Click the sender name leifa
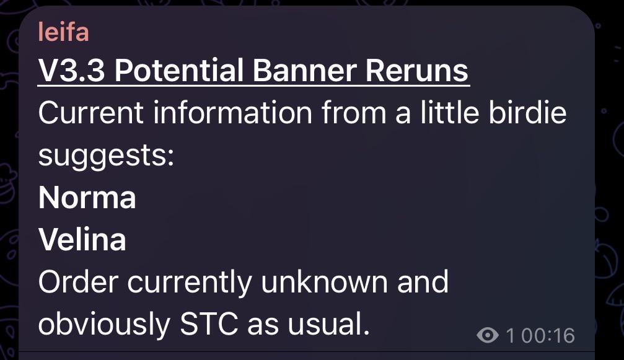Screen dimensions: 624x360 pyautogui.click(x=63, y=32)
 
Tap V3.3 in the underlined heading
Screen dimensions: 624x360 pyautogui.click(x=72, y=71)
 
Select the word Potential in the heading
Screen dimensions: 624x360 pyautogui.click(x=178, y=71)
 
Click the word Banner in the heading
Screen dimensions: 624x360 pyautogui.click(x=304, y=71)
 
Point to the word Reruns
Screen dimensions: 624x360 pyautogui.click(x=416, y=71)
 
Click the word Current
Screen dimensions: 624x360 pyautogui.click(x=90, y=113)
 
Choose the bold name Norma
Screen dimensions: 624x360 pyautogui.click(x=87, y=197)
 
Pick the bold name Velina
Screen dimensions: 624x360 pyautogui.click(x=82, y=239)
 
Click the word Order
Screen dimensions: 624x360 pyautogui.click(x=79, y=282)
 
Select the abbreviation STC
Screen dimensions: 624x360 pyautogui.click(x=209, y=323)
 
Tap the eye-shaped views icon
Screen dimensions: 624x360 pyautogui.click(x=488, y=335)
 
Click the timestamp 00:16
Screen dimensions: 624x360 pyautogui.click(x=548, y=335)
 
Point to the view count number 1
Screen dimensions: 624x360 pyautogui.click(x=511, y=335)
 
